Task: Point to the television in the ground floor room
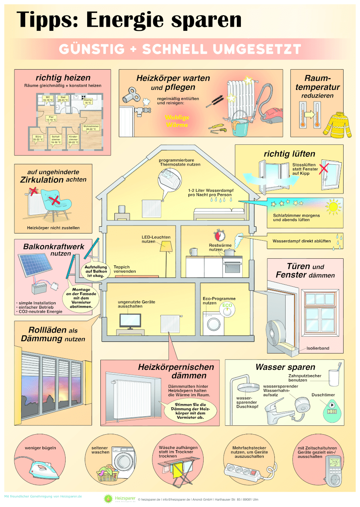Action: tap(130, 321)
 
